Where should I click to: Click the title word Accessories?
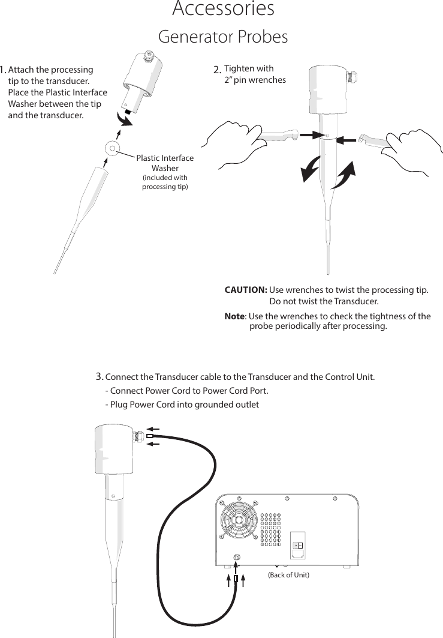[x=223, y=10]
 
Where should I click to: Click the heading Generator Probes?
[x=222, y=37]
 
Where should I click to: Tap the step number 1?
[x=4, y=71]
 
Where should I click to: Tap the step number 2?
[x=217, y=71]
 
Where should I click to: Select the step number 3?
[x=100, y=377]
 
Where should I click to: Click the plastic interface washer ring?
[x=112, y=148]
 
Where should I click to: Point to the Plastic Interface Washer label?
[x=165, y=163]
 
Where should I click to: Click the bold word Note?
[x=234, y=316]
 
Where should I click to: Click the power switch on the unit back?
[x=297, y=545]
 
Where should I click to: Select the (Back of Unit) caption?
[x=288, y=575]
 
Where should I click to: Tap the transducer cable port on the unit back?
[x=237, y=557]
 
